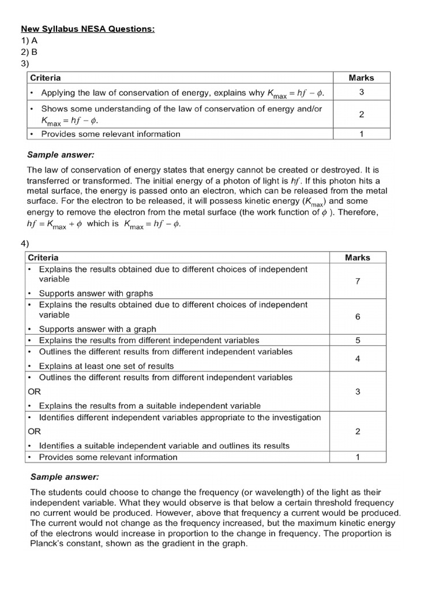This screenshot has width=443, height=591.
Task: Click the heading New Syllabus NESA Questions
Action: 88,29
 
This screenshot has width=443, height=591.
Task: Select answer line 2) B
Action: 29,51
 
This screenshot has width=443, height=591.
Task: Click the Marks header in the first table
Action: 361,77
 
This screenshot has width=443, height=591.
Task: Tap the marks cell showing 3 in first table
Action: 361,92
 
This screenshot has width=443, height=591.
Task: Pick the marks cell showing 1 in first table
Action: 361,134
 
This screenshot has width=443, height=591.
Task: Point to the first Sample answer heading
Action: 61,155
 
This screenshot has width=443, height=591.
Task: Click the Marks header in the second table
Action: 358,257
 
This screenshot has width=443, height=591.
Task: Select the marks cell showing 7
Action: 358,281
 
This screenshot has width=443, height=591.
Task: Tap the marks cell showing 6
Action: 358,317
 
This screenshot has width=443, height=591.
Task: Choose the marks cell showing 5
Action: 358,341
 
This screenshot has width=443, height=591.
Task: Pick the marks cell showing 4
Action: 358,358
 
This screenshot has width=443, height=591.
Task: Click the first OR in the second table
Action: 34,391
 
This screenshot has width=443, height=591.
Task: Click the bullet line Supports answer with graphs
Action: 96,293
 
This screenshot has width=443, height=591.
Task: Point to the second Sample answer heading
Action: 64,477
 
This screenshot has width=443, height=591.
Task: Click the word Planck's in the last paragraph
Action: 49,544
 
